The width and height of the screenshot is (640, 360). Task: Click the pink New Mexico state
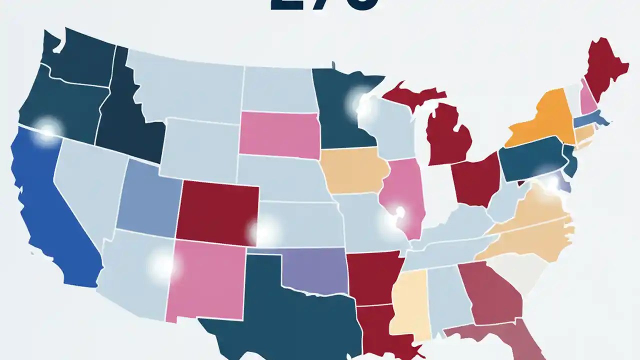[x=205, y=280]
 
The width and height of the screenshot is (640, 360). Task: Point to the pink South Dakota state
[x=279, y=132]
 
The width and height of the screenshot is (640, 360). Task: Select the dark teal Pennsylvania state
[x=530, y=157]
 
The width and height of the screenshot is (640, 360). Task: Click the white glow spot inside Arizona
[x=163, y=264]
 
